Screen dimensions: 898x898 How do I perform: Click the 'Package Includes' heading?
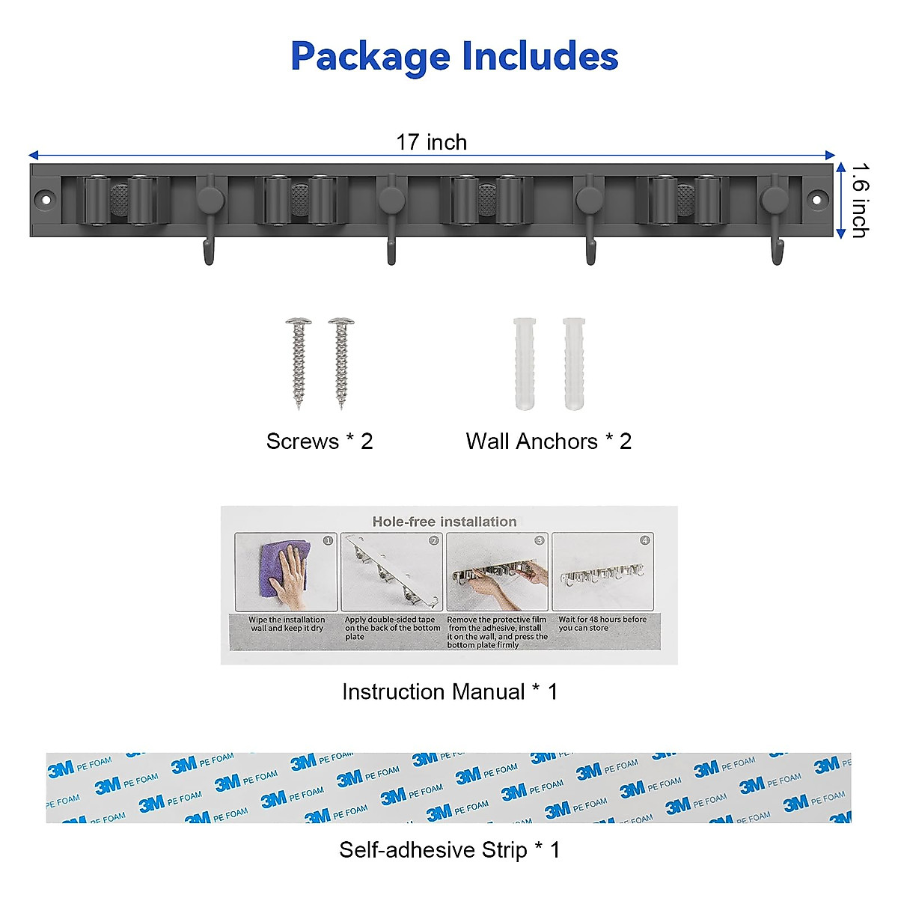tap(454, 56)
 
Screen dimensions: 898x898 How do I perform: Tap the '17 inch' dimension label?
tap(431, 142)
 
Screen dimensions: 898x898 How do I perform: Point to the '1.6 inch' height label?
tap(860, 201)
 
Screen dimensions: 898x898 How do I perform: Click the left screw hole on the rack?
tap(46, 200)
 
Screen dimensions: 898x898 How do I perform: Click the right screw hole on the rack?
tap(816, 200)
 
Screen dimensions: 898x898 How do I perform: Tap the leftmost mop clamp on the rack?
tap(119, 200)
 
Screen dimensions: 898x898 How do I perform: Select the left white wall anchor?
tap(525, 364)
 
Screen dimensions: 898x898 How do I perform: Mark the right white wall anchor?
tap(574, 364)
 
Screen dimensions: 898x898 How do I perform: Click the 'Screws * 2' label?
tap(320, 442)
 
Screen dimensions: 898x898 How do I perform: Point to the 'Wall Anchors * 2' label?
tap(549, 442)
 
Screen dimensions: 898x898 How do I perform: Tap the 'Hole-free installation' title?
tap(445, 522)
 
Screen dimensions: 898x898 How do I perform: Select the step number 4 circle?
tap(645, 540)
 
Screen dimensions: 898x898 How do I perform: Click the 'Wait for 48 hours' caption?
tap(602, 623)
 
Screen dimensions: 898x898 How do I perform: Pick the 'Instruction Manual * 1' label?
tap(450, 691)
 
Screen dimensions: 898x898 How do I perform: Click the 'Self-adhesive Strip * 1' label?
tap(449, 850)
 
